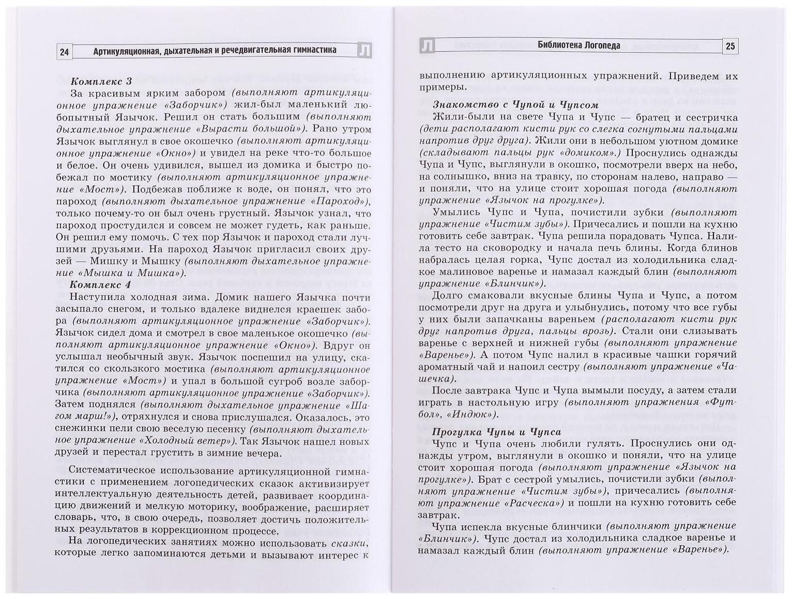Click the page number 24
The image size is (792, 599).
65,52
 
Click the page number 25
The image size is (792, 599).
730,47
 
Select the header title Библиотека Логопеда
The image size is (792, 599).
578,46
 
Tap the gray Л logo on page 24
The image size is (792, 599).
364,51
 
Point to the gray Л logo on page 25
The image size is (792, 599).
428,46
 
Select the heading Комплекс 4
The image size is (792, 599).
101,285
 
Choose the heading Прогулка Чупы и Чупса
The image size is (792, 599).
496,432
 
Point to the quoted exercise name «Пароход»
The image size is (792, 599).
336,201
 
